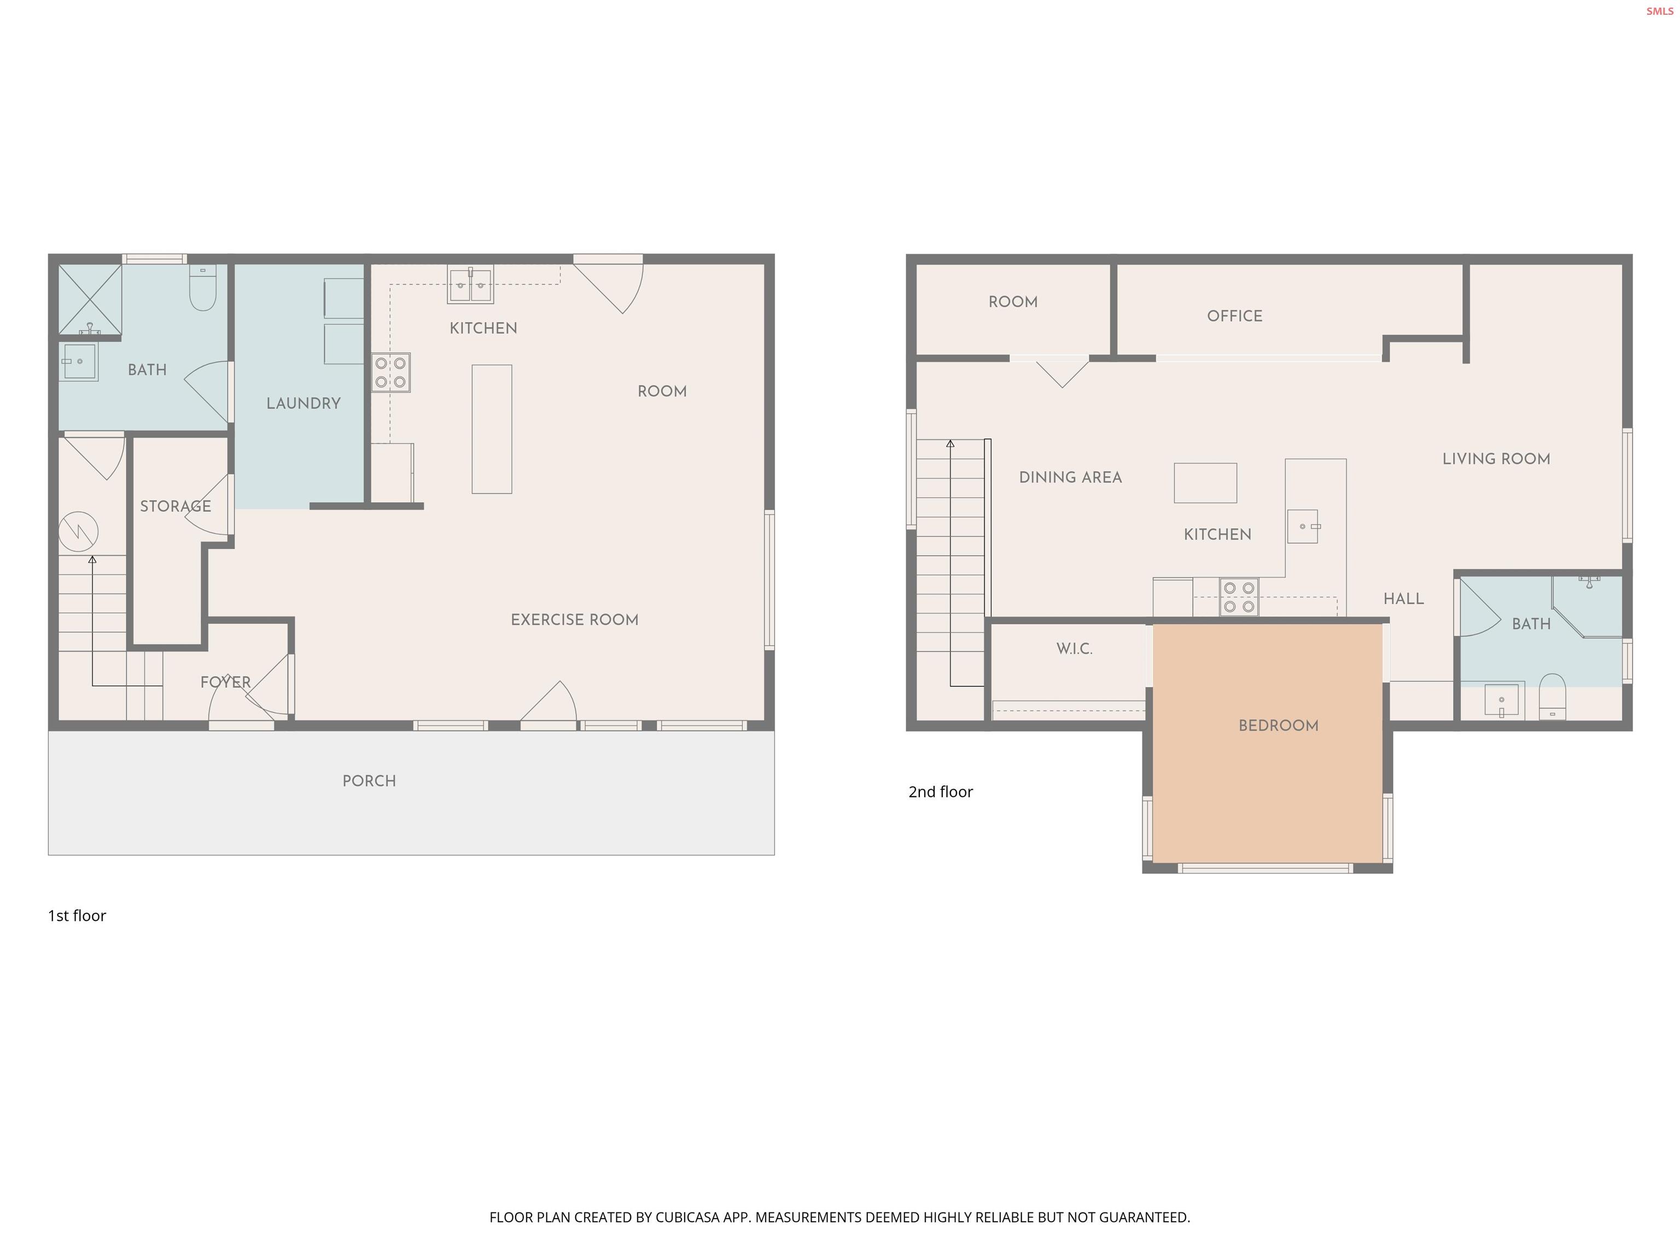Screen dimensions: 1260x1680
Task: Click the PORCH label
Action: (x=369, y=781)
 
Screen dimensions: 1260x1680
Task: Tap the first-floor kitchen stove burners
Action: (x=390, y=372)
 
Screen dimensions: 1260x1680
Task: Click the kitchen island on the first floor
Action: (x=492, y=429)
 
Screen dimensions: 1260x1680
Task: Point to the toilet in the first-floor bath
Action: (x=203, y=289)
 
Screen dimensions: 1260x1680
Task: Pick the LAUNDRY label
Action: (x=303, y=403)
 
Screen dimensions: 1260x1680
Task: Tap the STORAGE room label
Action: (x=176, y=506)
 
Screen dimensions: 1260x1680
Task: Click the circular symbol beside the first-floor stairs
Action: (x=78, y=531)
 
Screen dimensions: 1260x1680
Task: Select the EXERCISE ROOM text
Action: (x=574, y=620)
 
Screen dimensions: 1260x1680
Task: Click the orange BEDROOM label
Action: (x=1278, y=725)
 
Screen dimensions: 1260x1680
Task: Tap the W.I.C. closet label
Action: (x=1074, y=649)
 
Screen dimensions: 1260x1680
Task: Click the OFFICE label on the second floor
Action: (x=1234, y=316)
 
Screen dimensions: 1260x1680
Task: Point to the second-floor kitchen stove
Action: (x=1239, y=597)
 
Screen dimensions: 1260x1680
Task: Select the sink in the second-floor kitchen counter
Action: (x=1303, y=526)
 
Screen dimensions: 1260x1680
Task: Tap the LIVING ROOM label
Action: (x=1496, y=459)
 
